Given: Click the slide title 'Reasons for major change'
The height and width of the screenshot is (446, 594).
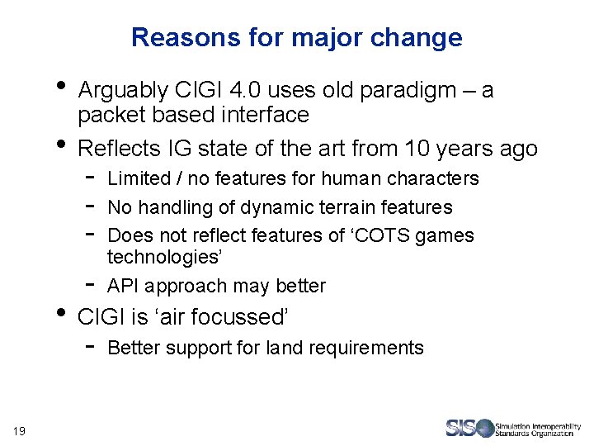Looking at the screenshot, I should (x=296, y=38).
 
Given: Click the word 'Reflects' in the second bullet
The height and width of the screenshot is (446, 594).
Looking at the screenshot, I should (x=118, y=149).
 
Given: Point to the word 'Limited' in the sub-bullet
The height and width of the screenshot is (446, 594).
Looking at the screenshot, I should (x=134, y=178).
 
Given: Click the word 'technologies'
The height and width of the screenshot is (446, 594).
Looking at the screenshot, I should (x=164, y=257).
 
